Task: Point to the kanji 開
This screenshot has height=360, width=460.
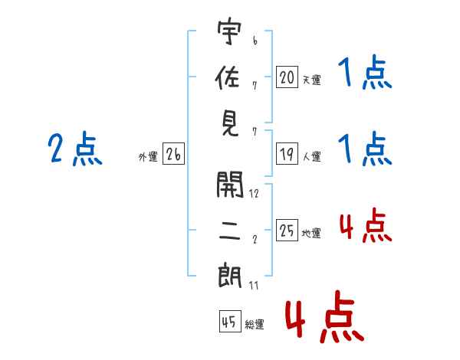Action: tap(229, 185)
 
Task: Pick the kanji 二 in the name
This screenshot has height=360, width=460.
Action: tap(229, 229)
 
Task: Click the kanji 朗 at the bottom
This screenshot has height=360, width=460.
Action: tap(229, 277)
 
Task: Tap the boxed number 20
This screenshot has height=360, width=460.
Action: tap(287, 77)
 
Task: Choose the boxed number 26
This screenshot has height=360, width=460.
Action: tap(173, 155)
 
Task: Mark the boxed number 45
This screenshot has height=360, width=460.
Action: tap(228, 322)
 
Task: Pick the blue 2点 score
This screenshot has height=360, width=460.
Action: tap(74, 150)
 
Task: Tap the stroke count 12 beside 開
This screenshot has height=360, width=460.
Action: tap(254, 194)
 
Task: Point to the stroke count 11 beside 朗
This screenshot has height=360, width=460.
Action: tap(254, 285)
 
